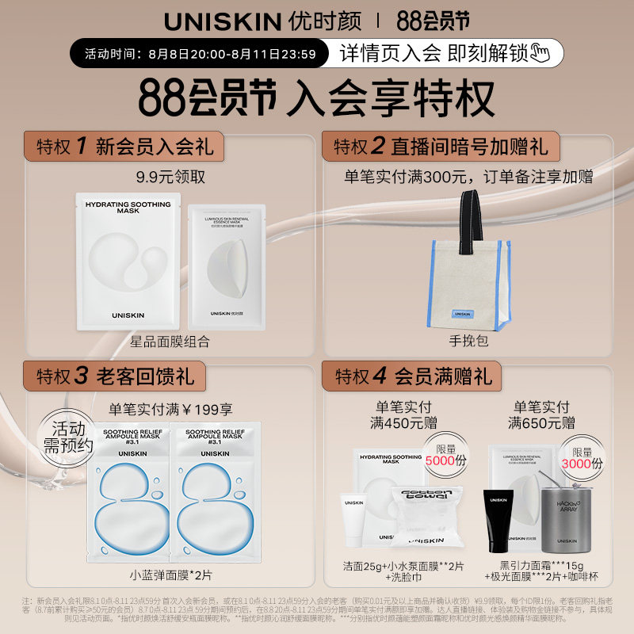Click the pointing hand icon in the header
(x=541, y=54)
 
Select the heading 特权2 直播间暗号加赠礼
(x=440, y=147)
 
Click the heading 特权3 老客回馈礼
(x=115, y=376)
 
